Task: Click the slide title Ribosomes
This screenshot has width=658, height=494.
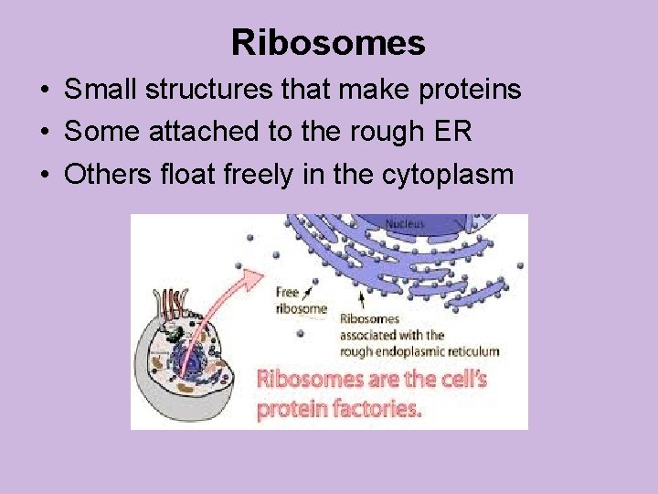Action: pyautogui.click(x=328, y=42)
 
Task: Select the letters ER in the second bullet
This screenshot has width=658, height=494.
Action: pyautogui.click(x=454, y=132)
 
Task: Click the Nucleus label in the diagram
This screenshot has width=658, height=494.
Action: pyautogui.click(x=405, y=222)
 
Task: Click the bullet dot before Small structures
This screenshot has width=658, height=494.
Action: pyautogui.click(x=44, y=91)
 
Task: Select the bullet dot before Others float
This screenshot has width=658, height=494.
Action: pyautogui.click(x=44, y=175)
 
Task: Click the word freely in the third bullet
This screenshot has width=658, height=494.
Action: pyautogui.click(x=256, y=174)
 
